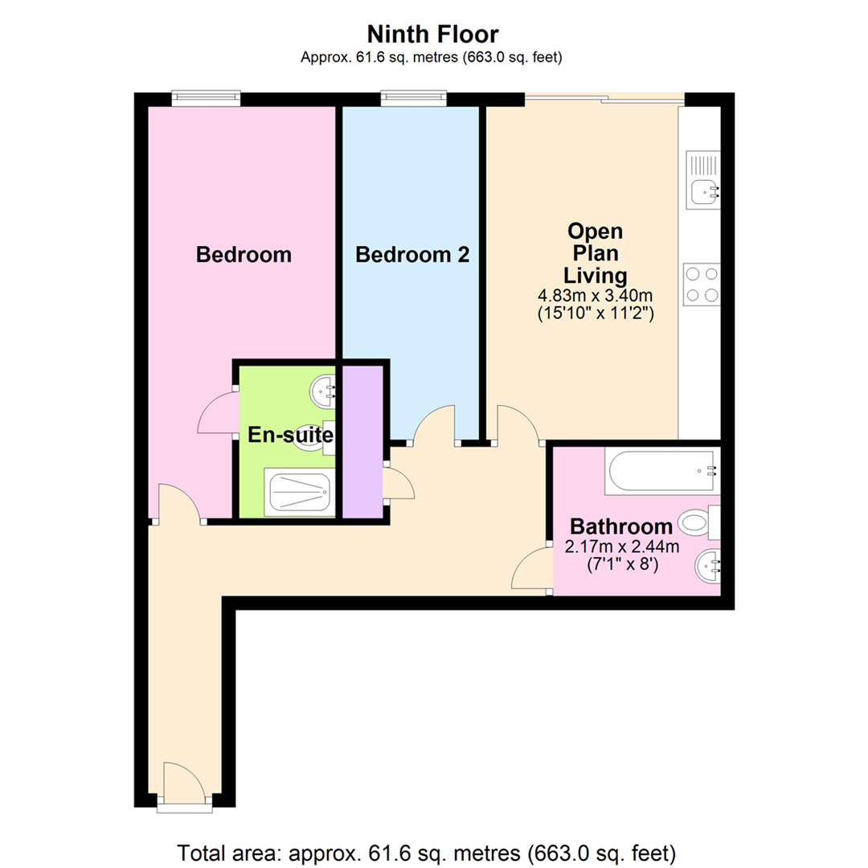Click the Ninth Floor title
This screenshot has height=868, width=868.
(432, 35)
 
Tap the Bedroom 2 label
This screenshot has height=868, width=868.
(412, 255)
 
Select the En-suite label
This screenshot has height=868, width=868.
(290, 435)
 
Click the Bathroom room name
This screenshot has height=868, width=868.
(621, 526)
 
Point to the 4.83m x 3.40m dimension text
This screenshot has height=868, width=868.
(595, 295)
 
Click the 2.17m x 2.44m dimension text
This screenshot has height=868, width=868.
(621, 547)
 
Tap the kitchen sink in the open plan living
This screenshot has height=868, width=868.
(703, 180)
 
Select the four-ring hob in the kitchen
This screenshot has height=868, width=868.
(702, 284)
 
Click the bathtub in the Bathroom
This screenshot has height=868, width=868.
(662, 470)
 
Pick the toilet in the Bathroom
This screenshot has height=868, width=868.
(699, 522)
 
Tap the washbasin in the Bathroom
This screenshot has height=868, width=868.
(708, 566)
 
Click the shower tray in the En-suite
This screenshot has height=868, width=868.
(300, 492)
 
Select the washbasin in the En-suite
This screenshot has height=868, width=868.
(323, 392)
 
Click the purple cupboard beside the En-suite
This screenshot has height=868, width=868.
(362, 441)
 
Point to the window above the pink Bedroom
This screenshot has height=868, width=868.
(206, 98)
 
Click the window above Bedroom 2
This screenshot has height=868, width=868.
(414, 98)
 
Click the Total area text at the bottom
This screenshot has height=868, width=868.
(426, 853)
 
